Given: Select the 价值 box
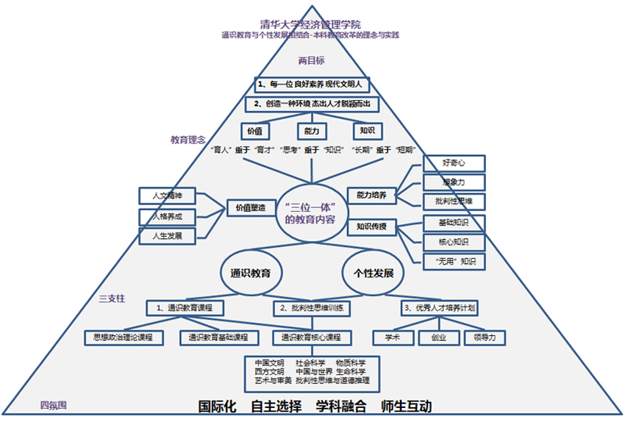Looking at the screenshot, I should (255, 130).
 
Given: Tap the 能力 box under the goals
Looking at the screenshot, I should (311, 130).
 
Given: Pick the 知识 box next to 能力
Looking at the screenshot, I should (367, 130).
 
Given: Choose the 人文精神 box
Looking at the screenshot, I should (166, 196).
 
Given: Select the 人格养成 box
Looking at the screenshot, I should (166, 217).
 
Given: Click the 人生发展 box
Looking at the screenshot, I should (166, 237).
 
